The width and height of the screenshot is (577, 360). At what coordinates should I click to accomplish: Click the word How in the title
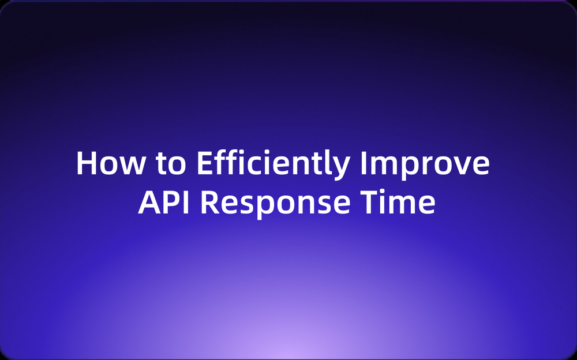tap(110, 163)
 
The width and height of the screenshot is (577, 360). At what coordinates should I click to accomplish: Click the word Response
tap(275, 205)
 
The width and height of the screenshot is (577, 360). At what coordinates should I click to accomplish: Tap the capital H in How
tap(85, 163)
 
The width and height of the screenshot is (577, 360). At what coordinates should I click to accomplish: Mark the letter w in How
tap(132, 166)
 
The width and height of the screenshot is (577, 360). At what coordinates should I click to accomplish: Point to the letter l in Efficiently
tap(328, 163)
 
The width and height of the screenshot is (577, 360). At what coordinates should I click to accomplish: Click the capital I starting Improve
tap(363, 163)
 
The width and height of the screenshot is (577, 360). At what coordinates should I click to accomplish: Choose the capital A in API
tap(149, 202)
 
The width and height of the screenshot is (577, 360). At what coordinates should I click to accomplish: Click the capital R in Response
tap(210, 202)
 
